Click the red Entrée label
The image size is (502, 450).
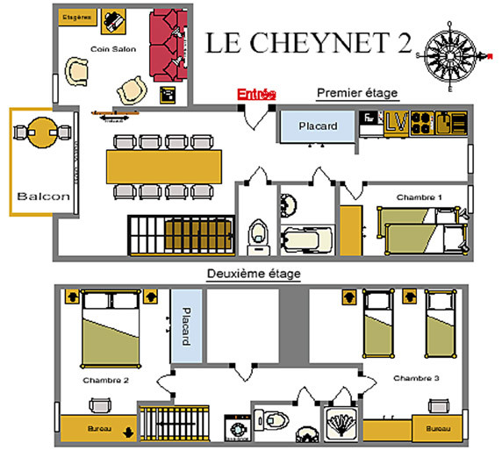point(257,94)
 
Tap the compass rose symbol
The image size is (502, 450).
point(451,57)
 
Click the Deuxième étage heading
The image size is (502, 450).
point(254,274)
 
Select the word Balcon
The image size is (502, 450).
point(42,196)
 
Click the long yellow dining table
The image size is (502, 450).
point(161,165)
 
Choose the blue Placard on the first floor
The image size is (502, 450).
point(317,125)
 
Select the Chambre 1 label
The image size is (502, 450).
point(415,196)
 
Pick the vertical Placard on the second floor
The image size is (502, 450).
point(186,325)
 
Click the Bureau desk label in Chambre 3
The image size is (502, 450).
point(436,430)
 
